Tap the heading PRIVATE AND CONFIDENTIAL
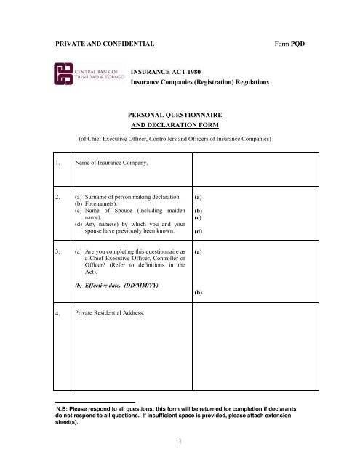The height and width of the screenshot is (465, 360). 105,44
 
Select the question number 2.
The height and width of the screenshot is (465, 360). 57,197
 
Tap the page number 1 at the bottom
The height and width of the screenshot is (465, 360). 180,442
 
